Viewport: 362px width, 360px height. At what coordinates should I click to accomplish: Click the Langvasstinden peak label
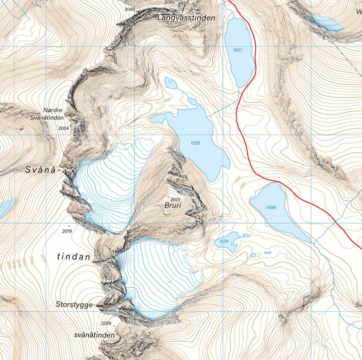[186, 19]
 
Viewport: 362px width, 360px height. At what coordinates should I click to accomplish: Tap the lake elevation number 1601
[238, 50]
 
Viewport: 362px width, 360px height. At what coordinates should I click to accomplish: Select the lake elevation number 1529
[195, 143]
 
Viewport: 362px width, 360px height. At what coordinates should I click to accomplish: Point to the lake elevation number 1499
[271, 207]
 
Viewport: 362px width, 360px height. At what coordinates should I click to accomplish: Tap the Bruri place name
[173, 205]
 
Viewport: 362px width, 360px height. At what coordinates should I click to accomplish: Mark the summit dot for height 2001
[168, 198]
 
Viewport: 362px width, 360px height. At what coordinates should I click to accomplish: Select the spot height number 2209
[106, 323]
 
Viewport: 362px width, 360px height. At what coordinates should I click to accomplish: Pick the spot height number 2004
[64, 128]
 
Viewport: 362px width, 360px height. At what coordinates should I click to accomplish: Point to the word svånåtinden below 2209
[94, 336]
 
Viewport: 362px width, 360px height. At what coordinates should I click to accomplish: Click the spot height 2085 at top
[169, 2]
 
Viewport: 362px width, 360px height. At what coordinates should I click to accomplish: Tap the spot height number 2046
[129, 9]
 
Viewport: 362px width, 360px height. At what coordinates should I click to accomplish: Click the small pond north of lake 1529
[171, 83]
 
